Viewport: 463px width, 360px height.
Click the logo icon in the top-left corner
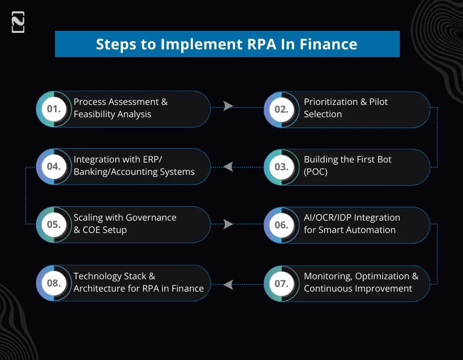18,23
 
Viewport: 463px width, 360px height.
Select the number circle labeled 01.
54,109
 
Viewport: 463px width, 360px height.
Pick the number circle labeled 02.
281,109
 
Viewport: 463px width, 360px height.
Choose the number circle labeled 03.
281,167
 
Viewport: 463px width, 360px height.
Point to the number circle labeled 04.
54,167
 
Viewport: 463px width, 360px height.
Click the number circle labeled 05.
54,225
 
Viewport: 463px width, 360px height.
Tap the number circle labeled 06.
281,225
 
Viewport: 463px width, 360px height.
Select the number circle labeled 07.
281,283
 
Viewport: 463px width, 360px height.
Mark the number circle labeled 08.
54,283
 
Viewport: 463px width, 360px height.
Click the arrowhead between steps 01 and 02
228,106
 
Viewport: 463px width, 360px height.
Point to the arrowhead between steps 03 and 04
228,167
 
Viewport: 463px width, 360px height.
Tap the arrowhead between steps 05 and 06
228,224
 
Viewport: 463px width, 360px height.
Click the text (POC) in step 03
315,172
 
